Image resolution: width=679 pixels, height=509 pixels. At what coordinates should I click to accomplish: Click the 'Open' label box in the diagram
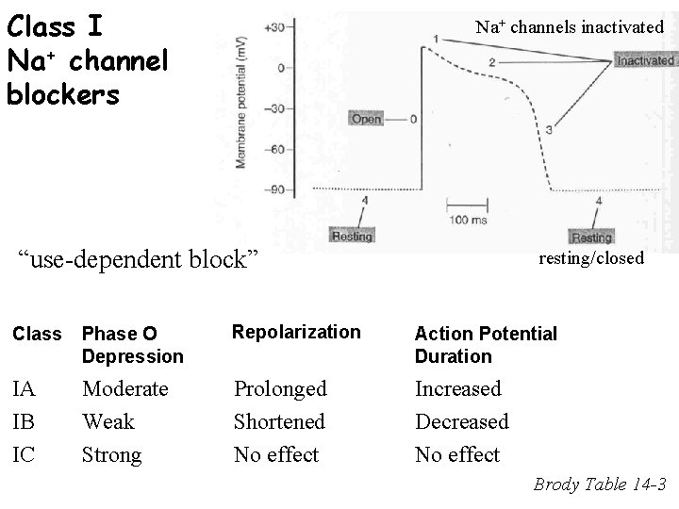tap(366, 120)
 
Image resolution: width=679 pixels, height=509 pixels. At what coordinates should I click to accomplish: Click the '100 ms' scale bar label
tap(466, 220)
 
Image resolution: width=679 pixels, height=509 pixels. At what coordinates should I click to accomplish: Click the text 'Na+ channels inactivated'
tap(570, 27)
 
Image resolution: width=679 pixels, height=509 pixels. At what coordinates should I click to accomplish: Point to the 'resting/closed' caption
tap(591, 257)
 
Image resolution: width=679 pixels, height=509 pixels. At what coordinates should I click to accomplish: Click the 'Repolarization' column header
tap(296, 332)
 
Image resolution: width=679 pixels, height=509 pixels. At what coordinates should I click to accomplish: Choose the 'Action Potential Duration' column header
tap(486, 344)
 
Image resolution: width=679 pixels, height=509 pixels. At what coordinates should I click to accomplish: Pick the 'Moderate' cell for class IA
tap(124, 388)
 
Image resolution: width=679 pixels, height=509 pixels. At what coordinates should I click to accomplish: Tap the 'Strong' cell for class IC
tap(111, 454)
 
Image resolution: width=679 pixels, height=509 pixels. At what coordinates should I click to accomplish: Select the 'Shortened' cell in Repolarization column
tap(279, 421)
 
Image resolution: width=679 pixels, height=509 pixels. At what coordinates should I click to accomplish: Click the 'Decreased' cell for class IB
tap(462, 421)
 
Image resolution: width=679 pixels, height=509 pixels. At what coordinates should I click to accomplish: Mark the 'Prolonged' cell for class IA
tap(280, 388)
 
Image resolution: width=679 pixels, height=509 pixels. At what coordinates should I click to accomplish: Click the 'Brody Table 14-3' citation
tap(600, 485)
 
